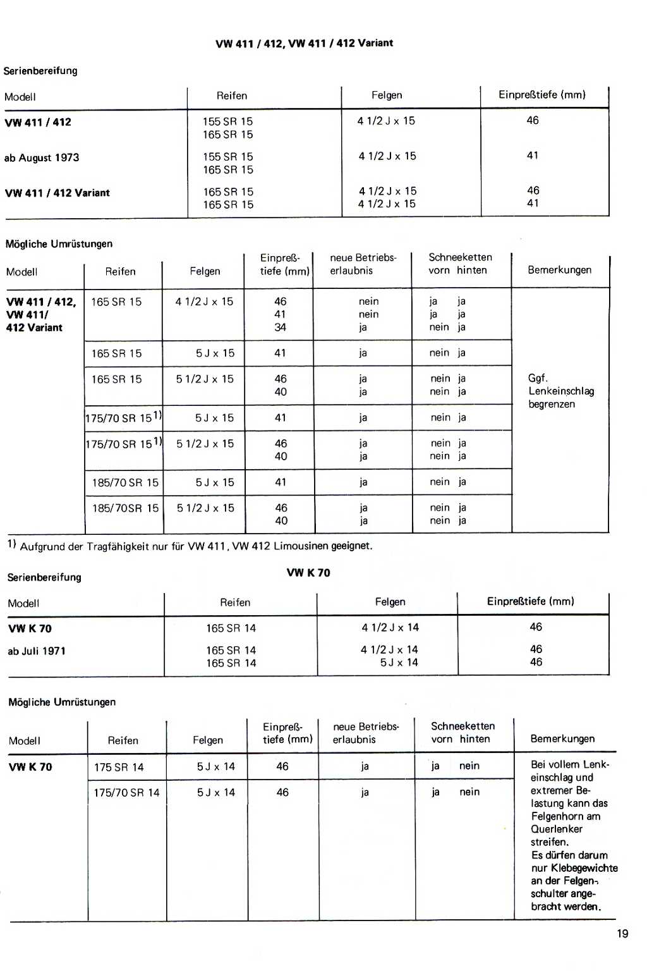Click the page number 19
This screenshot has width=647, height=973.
click(x=622, y=934)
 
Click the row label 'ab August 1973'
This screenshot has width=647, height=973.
click(x=42, y=158)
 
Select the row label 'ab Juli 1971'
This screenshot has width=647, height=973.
click(x=37, y=651)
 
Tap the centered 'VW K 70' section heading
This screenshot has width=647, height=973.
click(x=308, y=573)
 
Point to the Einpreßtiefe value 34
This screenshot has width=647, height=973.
click(x=280, y=327)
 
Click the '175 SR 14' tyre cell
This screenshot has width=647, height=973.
click(x=119, y=767)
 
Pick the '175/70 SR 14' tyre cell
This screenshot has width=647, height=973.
click(x=126, y=793)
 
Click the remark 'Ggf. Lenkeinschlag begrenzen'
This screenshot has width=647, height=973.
click(x=561, y=391)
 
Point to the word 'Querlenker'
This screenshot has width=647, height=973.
click(x=557, y=829)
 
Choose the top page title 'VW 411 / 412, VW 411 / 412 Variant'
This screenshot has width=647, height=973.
click(x=304, y=43)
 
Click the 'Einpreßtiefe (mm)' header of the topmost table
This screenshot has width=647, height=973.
click(x=542, y=95)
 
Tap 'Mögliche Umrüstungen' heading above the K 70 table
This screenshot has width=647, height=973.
click(x=62, y=702)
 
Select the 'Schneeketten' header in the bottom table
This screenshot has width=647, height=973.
click(x=463, y=726)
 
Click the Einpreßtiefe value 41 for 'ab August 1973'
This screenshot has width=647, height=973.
click(x=533, y=156)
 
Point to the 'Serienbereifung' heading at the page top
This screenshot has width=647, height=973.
click(x=40, y=71)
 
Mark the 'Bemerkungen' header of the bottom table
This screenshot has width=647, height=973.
click(x=562, y=738)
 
